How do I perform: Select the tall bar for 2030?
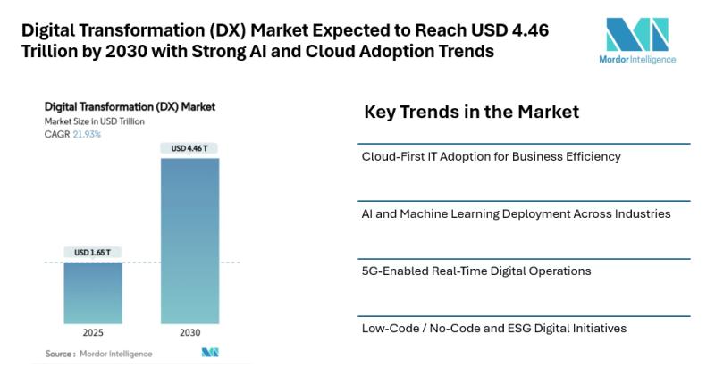[x=189, y=241]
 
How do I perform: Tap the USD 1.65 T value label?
[x=93, y=254]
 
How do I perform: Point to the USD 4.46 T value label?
[x=189, y=148]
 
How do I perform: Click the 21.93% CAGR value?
[x=86, y=134]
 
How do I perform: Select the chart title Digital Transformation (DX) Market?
[x=130, y=107]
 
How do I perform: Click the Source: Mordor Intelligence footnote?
[x=98, y=354]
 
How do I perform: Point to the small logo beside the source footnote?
[x=210, y=354]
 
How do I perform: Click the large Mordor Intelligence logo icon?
[x=636, y=34]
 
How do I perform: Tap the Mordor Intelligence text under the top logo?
[x=636, y=60]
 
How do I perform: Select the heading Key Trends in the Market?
[x=471, y=113]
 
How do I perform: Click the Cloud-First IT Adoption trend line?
[x=491, y=157]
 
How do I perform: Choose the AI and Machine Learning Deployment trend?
[x=516, y=214]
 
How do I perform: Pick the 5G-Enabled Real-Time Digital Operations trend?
[x=475, y=271]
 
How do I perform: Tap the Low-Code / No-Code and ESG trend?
[x=493, y=328]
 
